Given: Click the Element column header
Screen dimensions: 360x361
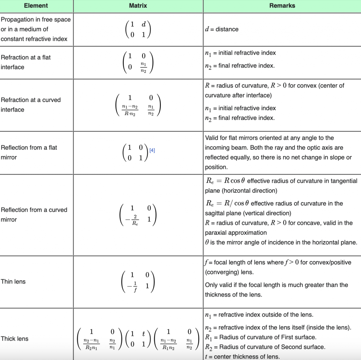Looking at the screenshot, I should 36,6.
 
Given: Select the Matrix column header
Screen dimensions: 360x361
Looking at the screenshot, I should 138,6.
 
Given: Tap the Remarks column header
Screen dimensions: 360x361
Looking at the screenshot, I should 282,6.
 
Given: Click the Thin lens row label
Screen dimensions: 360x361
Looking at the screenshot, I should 13,282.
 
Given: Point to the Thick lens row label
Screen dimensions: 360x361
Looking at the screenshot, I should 14,339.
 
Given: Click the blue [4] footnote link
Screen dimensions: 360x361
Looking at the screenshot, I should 152,150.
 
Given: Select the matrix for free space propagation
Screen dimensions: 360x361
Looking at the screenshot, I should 138,30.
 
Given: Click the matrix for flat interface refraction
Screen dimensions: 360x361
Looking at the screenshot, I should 138,62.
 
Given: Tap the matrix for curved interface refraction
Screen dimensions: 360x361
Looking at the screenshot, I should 138,105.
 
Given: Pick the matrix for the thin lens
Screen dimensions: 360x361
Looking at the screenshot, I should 138,282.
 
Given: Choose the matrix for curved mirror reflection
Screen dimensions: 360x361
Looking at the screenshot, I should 138,215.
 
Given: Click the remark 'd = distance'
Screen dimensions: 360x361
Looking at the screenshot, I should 222,29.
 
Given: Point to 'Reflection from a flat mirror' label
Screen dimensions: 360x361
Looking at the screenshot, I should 29,152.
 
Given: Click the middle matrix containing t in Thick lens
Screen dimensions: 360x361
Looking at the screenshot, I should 138,339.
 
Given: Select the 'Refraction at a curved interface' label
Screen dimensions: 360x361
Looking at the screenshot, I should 31,105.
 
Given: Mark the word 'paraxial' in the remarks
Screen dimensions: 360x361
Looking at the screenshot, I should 216,233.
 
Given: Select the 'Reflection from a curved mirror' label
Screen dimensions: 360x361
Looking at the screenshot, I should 34,215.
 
